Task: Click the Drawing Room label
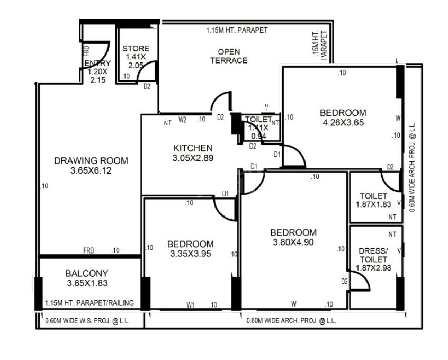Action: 91,160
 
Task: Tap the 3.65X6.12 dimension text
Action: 91,171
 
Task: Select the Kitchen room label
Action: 193,148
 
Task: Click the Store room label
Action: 136,49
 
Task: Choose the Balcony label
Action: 87,273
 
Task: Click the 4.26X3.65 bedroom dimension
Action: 343,123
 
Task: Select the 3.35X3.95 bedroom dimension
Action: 191,254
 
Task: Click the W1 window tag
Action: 191,304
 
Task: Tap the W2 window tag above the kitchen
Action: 183,120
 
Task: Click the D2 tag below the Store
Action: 147,86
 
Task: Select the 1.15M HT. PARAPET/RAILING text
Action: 89,303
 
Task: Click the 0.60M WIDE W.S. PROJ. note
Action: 87,321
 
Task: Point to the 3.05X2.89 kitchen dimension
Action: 193,158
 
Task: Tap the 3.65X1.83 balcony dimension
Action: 87,284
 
